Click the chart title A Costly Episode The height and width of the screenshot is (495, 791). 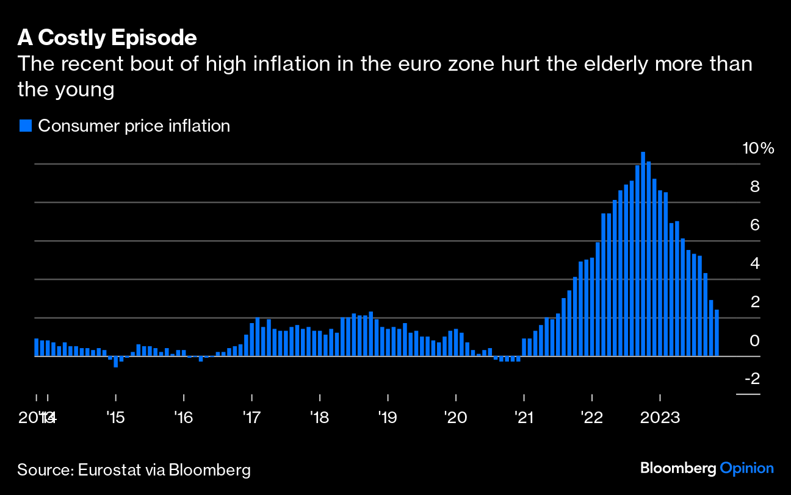click(x=107, y=38)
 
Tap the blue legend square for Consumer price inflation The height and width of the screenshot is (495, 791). click(x=25, y=126)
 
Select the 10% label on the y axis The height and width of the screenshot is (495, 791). click(x=757, y=148)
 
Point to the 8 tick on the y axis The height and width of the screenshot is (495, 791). click(x=754, y=187)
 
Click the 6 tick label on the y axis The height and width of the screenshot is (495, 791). click(x=754, y=225)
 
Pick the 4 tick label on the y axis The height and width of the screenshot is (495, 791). click(x=754, y=263)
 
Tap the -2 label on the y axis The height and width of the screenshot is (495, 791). click(x=751, y=379)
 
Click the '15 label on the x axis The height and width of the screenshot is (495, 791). click(x=115, y=418)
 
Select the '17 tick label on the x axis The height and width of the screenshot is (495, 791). click(x=251, y=418)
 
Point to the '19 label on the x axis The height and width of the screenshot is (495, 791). click(x=388, y=418)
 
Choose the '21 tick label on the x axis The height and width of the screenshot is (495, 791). click(x=524, y=418)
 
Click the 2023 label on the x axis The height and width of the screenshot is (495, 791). click(x=660, y=418)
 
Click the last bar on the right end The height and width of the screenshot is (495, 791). click(x=717, y=333)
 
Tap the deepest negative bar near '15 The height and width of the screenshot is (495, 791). click(x=115, y=361)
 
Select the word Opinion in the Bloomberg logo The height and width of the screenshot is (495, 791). click(x=747, y=468)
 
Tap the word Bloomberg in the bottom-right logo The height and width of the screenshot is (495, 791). click(x=678, y=468)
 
